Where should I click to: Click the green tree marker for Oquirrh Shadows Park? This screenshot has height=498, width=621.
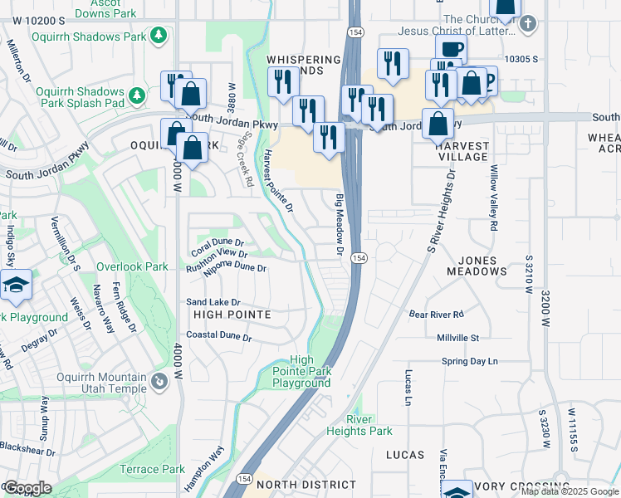click(x=158, y=36)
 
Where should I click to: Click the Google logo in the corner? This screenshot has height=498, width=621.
click(x=27, y=487)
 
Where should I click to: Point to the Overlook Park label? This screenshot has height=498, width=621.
click(x=132, y=267)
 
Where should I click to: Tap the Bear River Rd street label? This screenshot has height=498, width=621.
click(x=436, y=315)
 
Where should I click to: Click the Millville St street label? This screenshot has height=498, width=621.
click(x=458, y=338)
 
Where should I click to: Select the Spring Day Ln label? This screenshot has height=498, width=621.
click(x=469, y=361)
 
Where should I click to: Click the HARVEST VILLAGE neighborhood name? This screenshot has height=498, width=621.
click(x=462, y=150)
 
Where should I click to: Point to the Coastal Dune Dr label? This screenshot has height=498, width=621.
click(x=218, y=336)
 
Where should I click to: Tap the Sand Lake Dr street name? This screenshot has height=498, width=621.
click(x=213, y=302)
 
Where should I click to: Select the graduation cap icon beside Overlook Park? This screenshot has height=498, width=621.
click(x=16, y=285)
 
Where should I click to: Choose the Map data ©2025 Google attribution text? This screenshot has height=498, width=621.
click(x=570, y=491)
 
